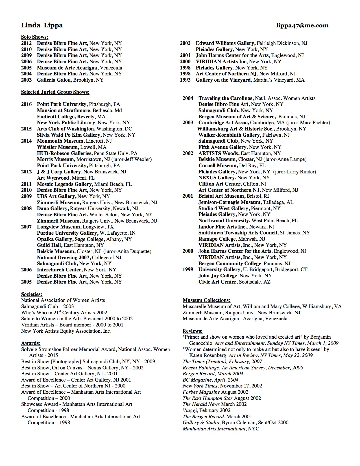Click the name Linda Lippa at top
tap(42, 25)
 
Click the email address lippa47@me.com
tap(302, 25)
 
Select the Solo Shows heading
tap(34, 37)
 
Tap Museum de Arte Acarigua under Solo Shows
tap(68, 68)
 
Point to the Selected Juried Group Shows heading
tap(55, 92)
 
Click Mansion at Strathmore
tap(64, 110)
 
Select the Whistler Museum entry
tap(58, 147)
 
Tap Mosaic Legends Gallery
tap(65, 184)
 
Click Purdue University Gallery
tap(67, 233)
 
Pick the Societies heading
tap(32, 294)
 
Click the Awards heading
tap(30, 343)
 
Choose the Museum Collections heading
tap(206, 300)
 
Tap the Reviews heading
tap(193, 331)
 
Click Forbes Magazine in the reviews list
tap(201, 392)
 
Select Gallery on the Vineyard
tap(223, 80)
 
